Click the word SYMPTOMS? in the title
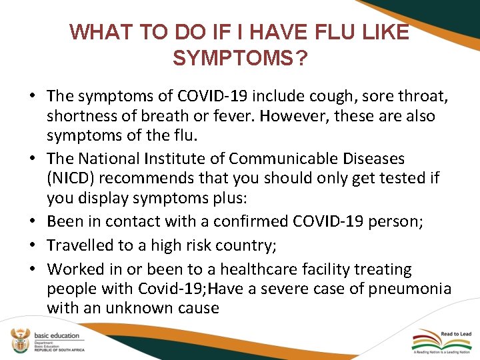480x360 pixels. click(240, 59)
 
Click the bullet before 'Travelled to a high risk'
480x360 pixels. click(32, 245)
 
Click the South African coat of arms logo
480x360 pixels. click(18, 341)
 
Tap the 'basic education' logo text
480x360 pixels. click(56, 335)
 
